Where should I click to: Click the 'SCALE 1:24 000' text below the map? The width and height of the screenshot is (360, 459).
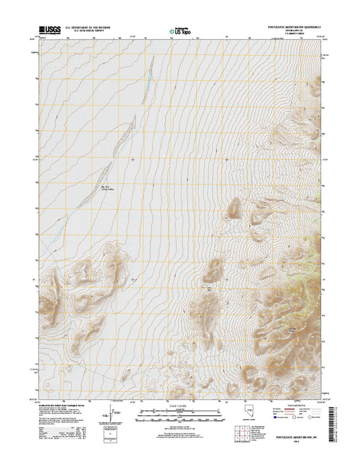click(180, 405)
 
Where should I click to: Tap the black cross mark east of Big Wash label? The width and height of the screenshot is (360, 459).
click(134, 160)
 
